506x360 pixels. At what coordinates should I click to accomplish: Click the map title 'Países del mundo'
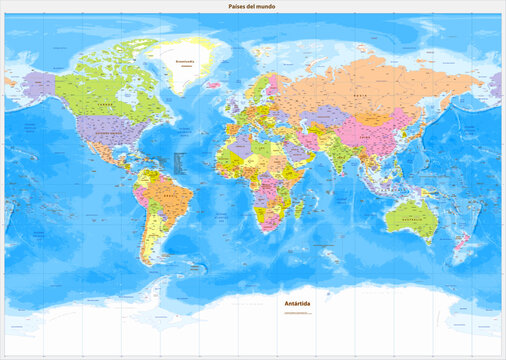pyautogui.click(x=253, y=7)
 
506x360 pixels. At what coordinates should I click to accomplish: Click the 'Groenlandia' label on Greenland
pyautogui.click(x=185, y=61)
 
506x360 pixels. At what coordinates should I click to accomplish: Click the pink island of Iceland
pyautogui.click(x=216, y=86)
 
